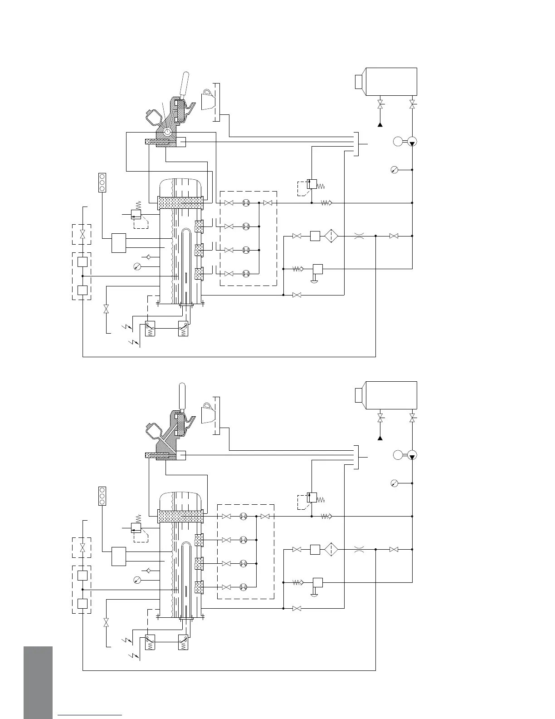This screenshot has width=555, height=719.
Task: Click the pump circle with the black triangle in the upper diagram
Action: [x=412, y=142]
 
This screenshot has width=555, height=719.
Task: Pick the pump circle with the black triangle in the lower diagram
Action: [x=412, y=455]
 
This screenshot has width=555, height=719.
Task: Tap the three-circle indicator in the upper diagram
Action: [x=102, y=182]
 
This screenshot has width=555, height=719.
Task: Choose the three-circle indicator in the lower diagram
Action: [x=102, y=496]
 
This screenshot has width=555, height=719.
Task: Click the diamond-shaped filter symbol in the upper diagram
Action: [x=332, y=236]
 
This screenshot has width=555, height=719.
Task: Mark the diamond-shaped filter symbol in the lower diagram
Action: [x=332, y=549]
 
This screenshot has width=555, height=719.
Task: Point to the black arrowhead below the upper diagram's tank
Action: [x=380, y=123]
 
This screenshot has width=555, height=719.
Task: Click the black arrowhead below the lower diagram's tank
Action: [x=380, y=438]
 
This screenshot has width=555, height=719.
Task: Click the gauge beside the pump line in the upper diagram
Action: [x=394, y=170]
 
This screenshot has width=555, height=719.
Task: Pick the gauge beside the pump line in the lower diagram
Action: [x=394, y=483]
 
